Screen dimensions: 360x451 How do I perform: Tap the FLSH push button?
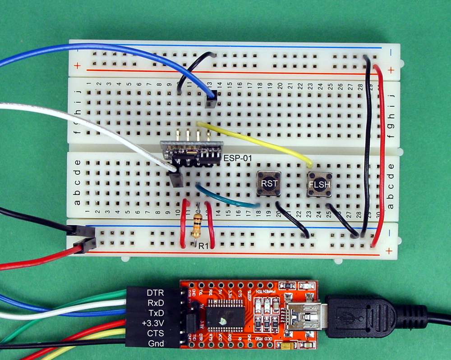pos(320,184)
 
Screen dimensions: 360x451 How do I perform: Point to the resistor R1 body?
pos(196,226)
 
